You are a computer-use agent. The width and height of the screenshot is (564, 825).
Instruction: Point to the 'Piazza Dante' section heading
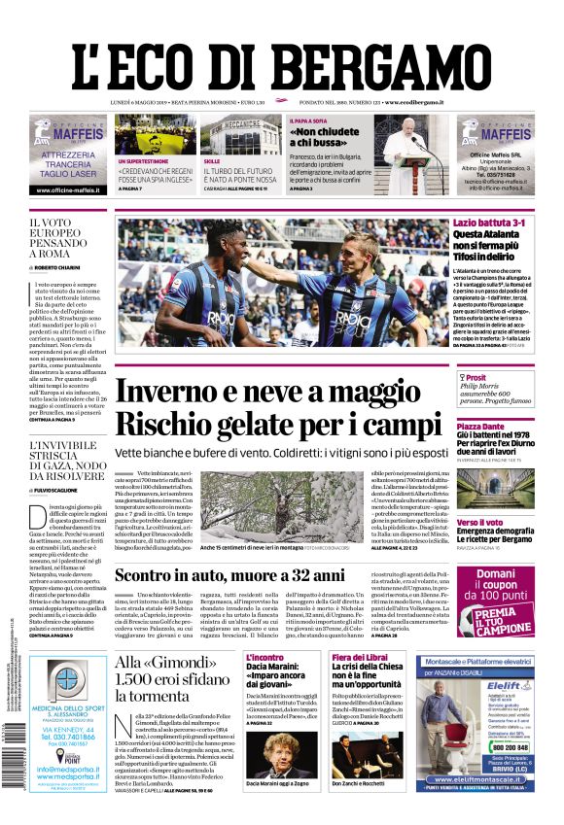[480, 427]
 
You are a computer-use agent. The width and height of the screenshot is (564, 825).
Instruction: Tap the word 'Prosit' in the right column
[476, 377]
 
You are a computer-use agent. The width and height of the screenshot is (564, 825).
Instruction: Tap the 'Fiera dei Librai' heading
[359, 658]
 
